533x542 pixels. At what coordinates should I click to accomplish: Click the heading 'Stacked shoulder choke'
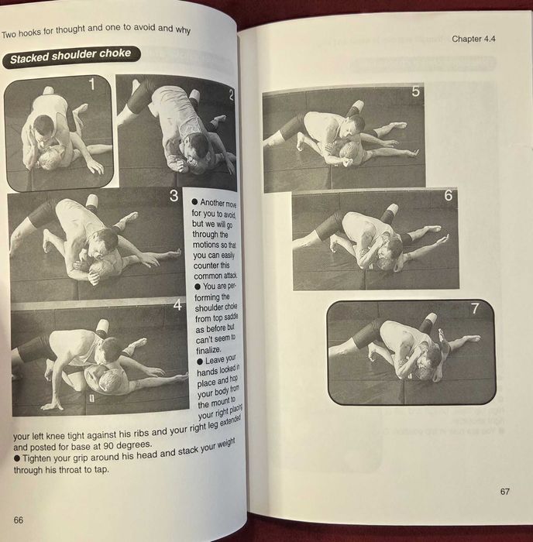click(x=70, y=56)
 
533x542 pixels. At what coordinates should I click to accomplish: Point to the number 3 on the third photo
click(x=174, y=196)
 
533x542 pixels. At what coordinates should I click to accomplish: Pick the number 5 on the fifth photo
click(x=416, y=92)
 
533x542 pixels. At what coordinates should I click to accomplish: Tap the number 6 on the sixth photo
click(x=448, y=197)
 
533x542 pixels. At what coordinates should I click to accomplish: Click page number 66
click(x=19, y=520)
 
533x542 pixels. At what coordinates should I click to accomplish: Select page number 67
click(x=504, y=491)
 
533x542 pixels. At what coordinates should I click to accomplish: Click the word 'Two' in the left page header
click(x=10, y=34)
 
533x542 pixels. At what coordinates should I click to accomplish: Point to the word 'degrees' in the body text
click(x=137, y=446)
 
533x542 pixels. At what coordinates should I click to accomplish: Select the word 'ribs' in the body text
click(x=143, y=434)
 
